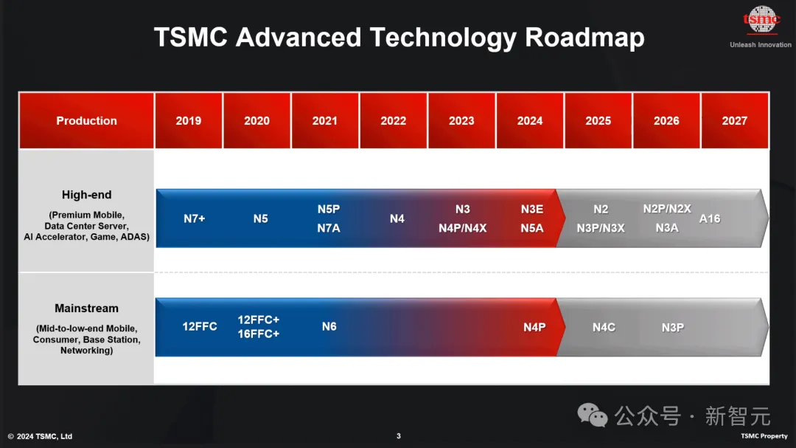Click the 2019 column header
189,120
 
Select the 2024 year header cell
530,120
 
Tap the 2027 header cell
735,120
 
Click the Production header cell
86,120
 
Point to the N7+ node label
195,218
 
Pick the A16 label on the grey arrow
710,218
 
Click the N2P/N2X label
667,209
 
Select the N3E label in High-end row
532,209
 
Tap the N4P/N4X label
462,228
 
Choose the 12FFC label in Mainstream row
200,326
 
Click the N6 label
329,326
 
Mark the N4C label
604,328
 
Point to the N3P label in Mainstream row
673,328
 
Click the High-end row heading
87,195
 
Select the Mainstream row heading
87,309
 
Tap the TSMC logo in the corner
761,20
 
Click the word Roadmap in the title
584,38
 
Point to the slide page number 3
399,435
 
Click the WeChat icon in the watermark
592,415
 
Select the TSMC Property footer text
764,435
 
